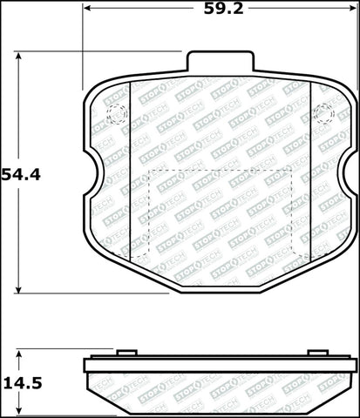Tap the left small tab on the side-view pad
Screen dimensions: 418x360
(x=126, y=353)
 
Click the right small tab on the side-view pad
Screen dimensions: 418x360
(x=317, y=353)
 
